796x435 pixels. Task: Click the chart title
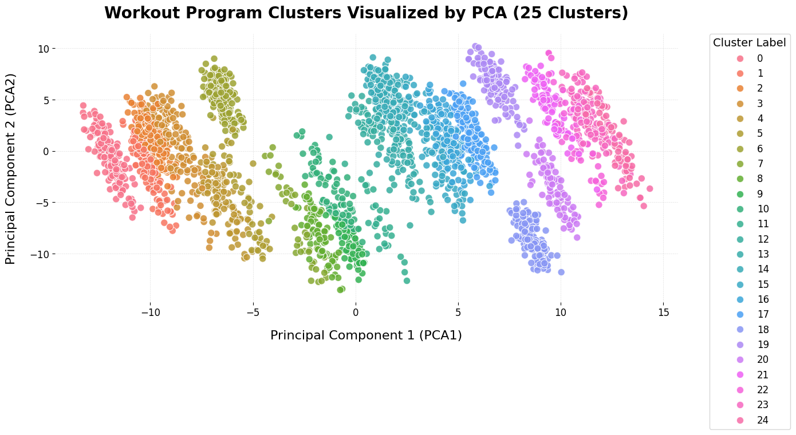click(x=366, y=13)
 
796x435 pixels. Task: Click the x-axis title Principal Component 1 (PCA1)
click(x=366, y=335)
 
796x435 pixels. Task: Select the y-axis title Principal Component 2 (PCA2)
click(x=10, y=168)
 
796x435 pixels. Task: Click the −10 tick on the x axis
click(x=150, y=312)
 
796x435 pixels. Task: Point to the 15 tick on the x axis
click(x=663, y=312)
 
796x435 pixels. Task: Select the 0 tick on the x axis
click(x=355, y=312)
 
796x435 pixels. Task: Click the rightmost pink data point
click(x=649, y=188)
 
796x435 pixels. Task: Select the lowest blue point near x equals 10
click(x=561, y=272)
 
